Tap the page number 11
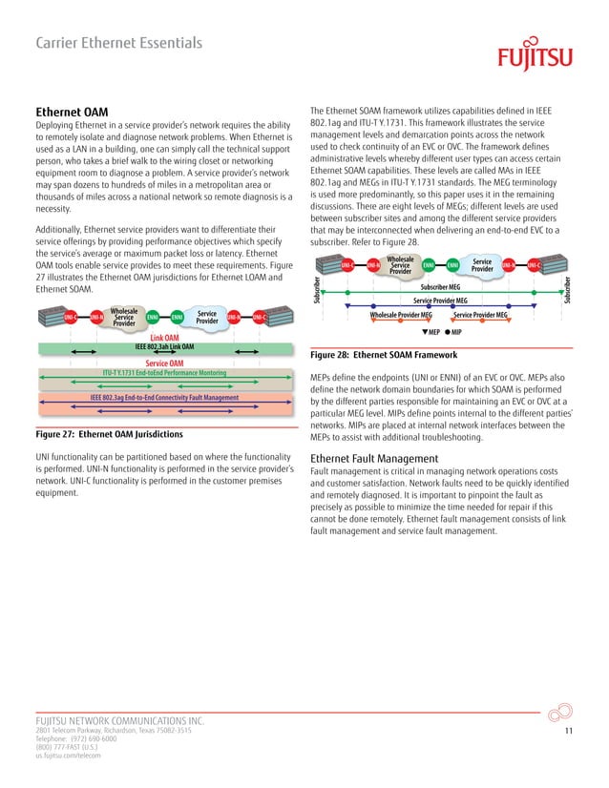(568, 730)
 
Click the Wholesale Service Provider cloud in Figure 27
(124, 317)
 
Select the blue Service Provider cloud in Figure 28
(482, 264)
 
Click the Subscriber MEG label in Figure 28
(440, 286)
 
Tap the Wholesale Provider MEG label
(401, 314)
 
